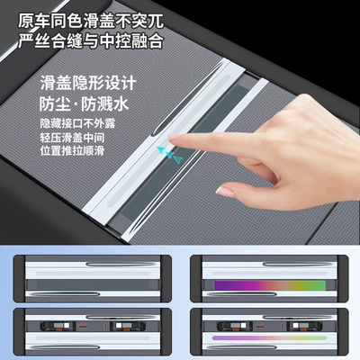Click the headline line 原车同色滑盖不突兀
(91, 22)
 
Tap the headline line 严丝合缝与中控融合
(91, 40)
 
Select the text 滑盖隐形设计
(88, 83)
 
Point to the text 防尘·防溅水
(84, 104)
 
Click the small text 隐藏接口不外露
(77, 123)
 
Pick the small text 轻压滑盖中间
(72, 138)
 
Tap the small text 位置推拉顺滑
(72, 150)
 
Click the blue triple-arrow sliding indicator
(169, 154)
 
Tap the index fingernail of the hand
(174, 138)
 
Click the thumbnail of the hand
(225, 192)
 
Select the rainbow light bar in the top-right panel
(269, 285)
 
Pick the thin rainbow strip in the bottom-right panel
(269, 338)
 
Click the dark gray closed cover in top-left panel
(93, 285)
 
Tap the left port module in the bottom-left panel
(57, 326)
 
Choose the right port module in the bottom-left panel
(128, 326)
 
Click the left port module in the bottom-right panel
(233, 326)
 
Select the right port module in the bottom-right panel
(304, 326)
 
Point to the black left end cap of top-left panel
(20, 279)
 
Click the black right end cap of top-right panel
(343, 279)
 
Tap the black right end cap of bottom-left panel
(166, 331)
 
